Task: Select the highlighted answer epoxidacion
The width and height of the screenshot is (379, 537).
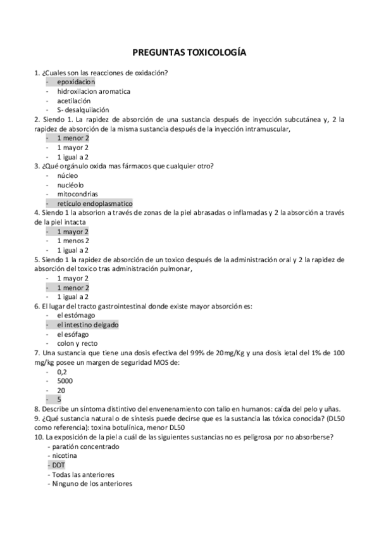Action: coord(75,82)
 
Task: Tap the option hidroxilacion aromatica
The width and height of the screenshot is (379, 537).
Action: coord(93,91)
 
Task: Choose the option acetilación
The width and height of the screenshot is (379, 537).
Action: coord(73,101)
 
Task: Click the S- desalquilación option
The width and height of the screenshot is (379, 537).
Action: coord(82,110)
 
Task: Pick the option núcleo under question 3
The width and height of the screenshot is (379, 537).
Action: coord(66,175)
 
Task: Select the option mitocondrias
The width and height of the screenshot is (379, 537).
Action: coord(77,194)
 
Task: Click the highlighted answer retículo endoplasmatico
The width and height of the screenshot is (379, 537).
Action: coord(94,203)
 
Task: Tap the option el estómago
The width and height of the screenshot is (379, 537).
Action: coord(76,315)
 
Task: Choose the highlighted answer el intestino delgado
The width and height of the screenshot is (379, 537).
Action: coord(87,325)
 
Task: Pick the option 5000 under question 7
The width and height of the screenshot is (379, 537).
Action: coord(65,381)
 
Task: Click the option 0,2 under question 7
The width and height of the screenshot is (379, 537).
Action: coord(61,372)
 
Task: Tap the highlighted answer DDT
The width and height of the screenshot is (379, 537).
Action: coord(59,465)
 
